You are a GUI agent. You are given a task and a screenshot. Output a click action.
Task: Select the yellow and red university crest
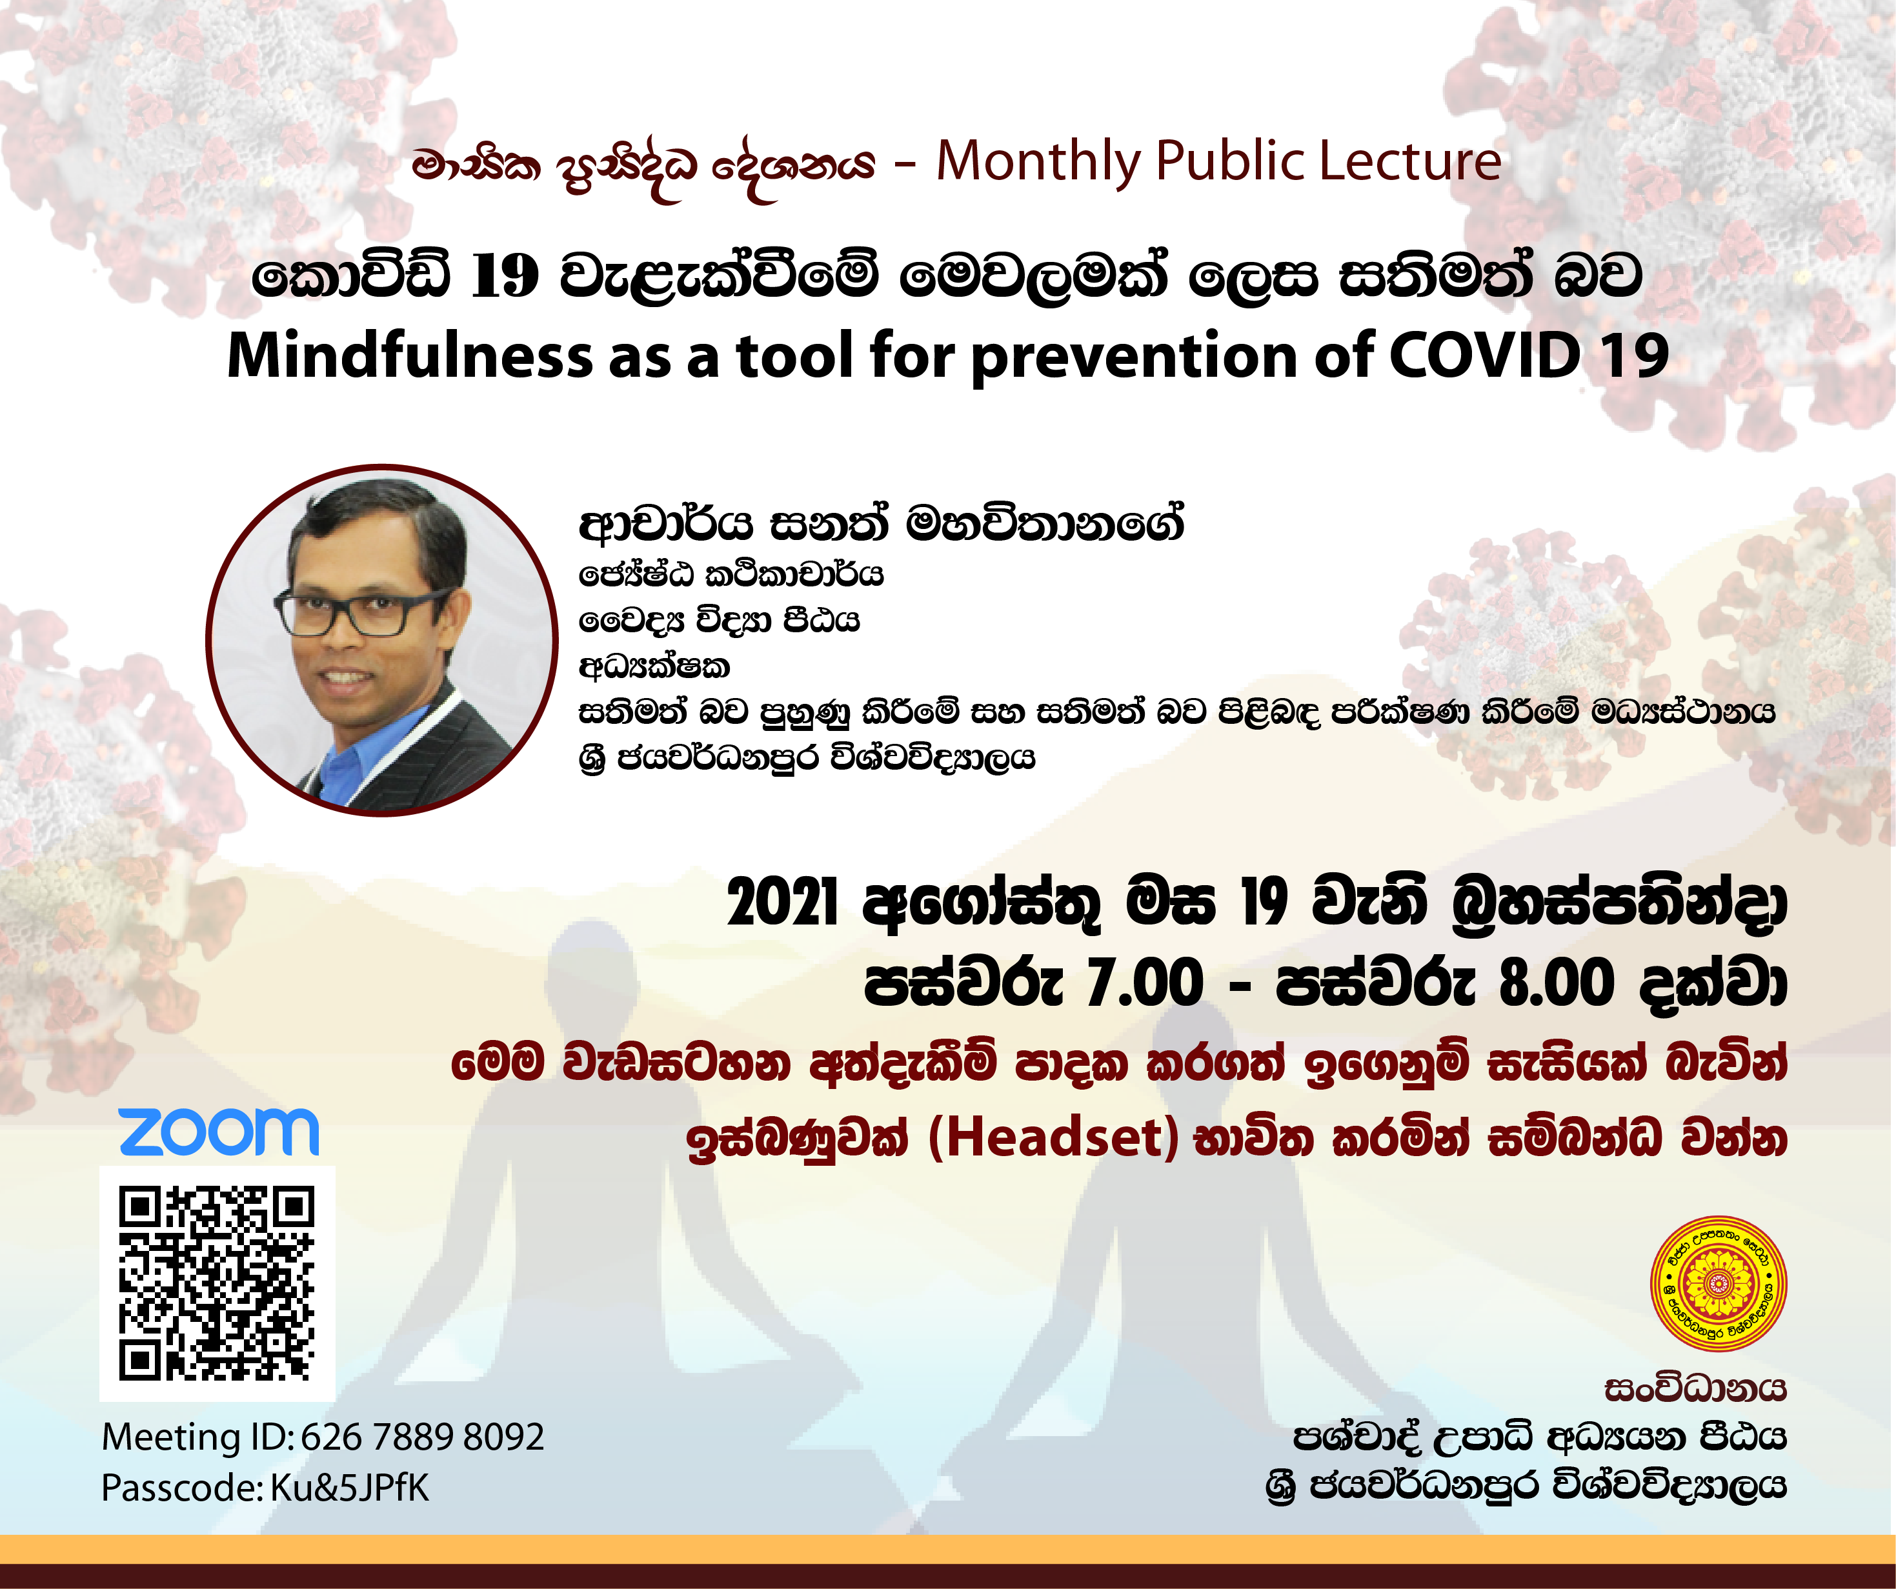[x=1718, y=1284]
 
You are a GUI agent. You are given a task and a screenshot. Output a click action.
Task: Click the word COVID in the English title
[x=1484, y=355]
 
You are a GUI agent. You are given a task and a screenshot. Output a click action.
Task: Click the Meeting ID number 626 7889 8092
[x=423, y=1436]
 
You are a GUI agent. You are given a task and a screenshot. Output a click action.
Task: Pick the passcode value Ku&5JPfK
[x=349, y=1488]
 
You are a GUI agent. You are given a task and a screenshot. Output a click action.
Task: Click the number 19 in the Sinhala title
[x=505, y=276]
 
